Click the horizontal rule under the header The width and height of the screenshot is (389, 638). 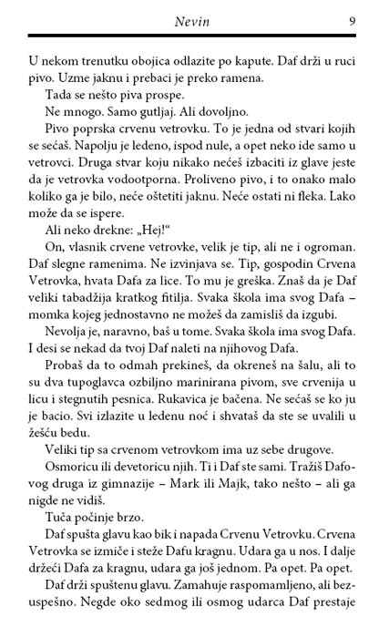click(x=194, y=36)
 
